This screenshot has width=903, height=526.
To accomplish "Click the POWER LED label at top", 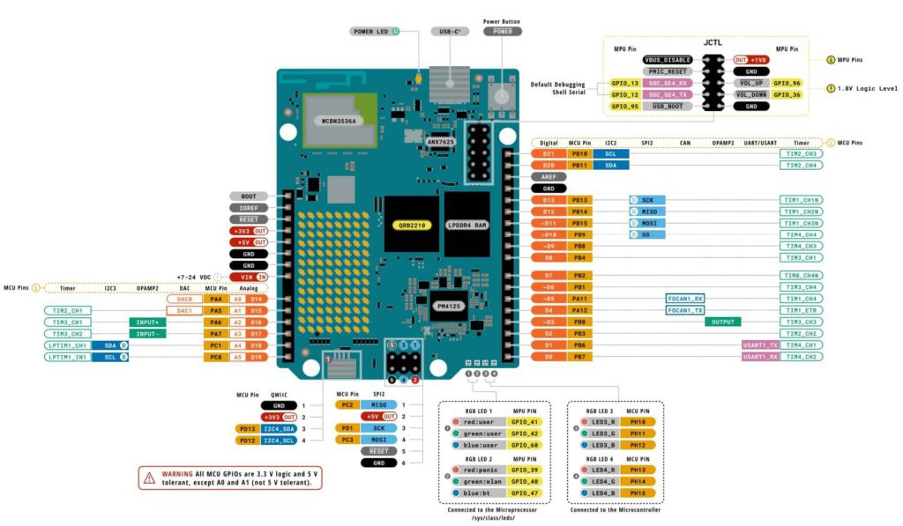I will (370, 31).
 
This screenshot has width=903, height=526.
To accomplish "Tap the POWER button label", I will (502, 31).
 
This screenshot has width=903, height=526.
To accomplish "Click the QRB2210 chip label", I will (411, 225).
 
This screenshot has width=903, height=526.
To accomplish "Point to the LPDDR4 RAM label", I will (466, 225).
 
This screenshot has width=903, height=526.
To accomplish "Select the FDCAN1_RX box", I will (685, 299).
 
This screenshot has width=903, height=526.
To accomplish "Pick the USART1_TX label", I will (760, 345).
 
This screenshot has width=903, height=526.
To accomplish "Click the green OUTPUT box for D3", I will (722, 322).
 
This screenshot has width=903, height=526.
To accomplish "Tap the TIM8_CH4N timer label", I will (802, 275).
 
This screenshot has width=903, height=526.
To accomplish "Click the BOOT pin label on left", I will (249, 196).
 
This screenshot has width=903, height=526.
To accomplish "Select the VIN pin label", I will (249, 277).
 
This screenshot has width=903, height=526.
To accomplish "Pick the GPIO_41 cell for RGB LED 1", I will (529, 422).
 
